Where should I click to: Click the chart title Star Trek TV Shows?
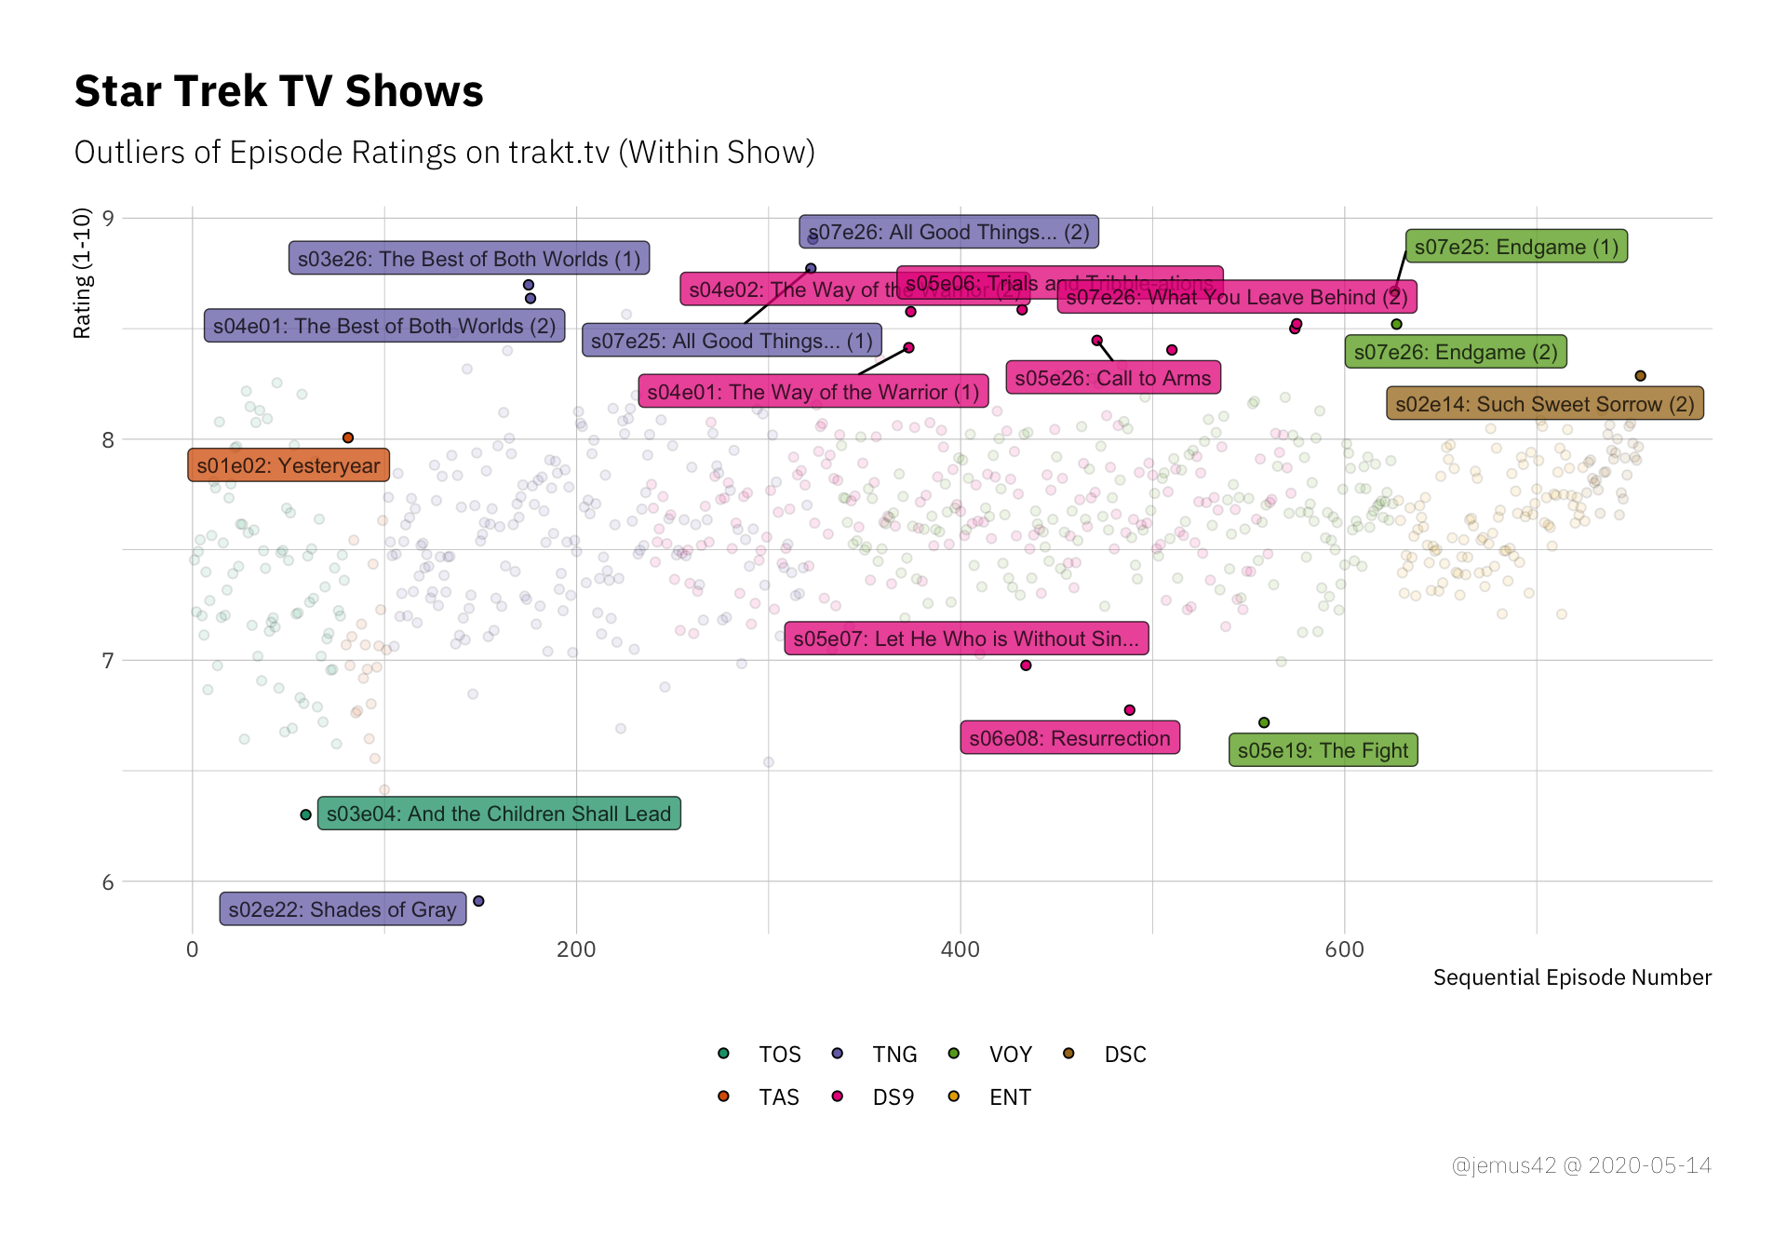pos(278,91)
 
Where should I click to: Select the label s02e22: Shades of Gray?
pos(343,909)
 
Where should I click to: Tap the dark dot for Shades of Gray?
pos(478,901)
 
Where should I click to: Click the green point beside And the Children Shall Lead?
pos(305,814)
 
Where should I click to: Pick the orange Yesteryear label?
pos(289,465)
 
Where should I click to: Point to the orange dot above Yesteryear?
pos(348,437)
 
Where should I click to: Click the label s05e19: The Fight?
pos(1323,750)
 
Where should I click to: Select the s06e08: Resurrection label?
pos(1069,738)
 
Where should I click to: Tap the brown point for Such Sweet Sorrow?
pos(1640,376)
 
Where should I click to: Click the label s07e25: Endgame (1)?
pos(1516,247)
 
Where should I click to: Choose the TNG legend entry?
pos(893,1055)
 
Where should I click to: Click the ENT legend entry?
pos(1009,1097)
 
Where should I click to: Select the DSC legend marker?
pos(1068,1054)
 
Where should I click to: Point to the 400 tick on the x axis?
pos(960,949)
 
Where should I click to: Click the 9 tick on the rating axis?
pos(108,219)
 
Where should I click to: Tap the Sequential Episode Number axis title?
pos(1571,977)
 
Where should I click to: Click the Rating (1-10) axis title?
pos(82,274)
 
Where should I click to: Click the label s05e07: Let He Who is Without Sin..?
pos(966,639)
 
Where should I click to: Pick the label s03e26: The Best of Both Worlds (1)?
pos(469,259)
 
